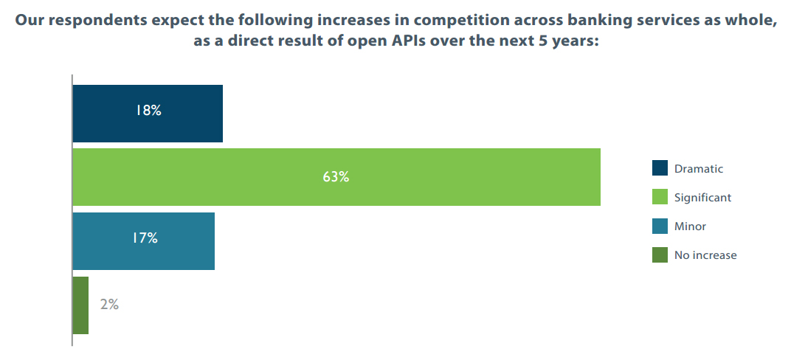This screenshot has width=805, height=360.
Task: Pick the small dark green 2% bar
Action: click(80, 305)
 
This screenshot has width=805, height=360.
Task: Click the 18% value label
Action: click(148, 112)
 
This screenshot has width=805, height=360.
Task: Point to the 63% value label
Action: click(336, 177)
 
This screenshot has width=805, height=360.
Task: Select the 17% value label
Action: click(145, 238)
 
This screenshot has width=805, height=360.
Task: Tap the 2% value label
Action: click(109, 304)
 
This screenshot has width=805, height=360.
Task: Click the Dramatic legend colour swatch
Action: click(660, 168)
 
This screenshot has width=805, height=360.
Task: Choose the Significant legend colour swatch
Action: click(660, 197)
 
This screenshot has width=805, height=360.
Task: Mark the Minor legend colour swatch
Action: click(660, 226)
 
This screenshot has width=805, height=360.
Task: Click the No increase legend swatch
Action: click(660, 255)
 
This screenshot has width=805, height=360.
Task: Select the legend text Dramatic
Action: click(699, 169)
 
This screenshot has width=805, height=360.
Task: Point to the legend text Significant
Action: click(702, 198)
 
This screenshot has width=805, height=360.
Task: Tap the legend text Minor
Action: click(690, 226)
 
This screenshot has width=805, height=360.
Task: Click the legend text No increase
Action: click(705, 255)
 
